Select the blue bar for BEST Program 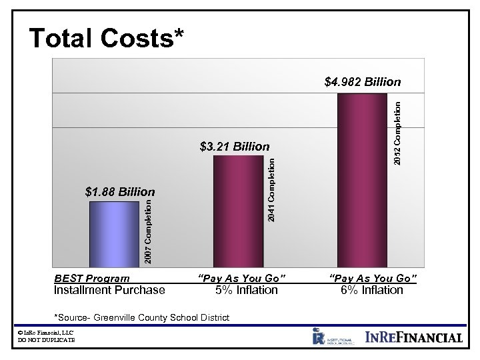pyautogui.click(x=114, y=233)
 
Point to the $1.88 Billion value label pyautogui.click(x=120, y=192)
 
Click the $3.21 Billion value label pyautogui.click(x=235, y=147)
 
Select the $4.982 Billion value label pyautogui.click(x=362, y=83)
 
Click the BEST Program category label pyautogui.click(x=92, y=277)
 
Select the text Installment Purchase pyautogui.click(x=109, y=290)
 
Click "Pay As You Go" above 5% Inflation pyautogui.click(x=242, y=277)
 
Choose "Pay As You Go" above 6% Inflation pyautogui.click(x=373, y=277)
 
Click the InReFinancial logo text pyautogui.click(x=414, y=337)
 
